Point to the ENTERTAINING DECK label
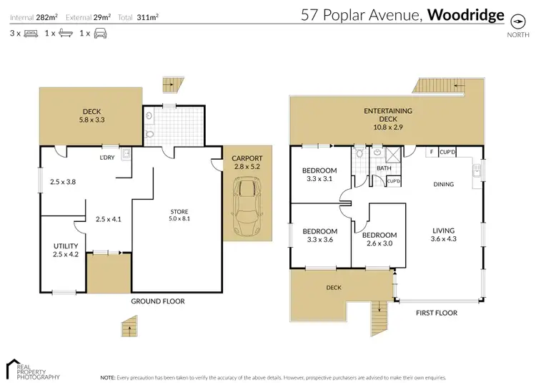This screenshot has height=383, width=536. click(x=387, y=111)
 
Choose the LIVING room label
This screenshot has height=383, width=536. click(x=443, y=231)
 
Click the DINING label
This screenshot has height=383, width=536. click(x=443, y=184)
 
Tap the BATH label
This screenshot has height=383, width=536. click(x=384, y=168)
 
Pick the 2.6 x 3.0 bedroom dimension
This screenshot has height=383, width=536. click(x=379, y=243)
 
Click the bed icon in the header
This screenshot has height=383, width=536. click(x=31, y=33)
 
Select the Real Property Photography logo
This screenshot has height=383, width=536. click(x=32, y=369)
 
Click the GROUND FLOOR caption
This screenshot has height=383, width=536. click(x=157, y=301)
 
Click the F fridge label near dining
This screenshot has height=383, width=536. click(x=431, y=152)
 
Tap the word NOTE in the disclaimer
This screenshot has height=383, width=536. click(x=108, y=377)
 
